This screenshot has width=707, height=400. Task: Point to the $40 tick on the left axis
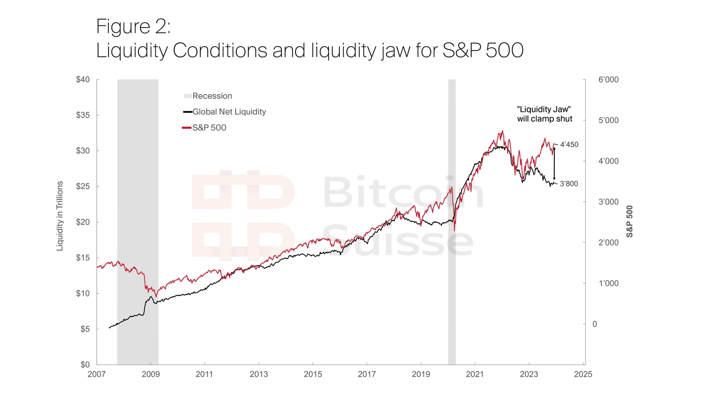83,80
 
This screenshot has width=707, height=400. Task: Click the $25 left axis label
83,187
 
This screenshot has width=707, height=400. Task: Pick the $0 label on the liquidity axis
85,365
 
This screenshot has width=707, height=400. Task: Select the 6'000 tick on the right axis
608,80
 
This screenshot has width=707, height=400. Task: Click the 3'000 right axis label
608,202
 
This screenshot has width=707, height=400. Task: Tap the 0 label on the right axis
595,324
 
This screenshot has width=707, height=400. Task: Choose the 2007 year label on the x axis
97,374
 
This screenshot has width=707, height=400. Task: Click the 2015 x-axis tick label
313,374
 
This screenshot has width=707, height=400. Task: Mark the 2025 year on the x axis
583,374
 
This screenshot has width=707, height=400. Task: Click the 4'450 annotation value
569,145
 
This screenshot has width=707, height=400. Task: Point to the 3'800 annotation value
569,184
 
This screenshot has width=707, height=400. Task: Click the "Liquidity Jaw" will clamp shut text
544,114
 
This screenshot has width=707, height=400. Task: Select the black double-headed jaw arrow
554,164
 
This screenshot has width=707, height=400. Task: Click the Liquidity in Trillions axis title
60,216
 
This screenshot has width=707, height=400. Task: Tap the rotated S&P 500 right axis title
630,221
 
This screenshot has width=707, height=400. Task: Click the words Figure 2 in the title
133,27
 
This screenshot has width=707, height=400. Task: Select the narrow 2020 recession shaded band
452,221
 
